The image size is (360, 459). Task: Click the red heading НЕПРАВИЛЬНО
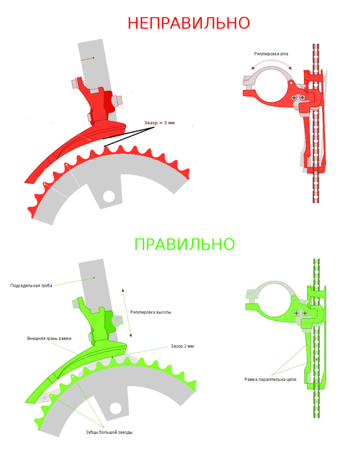click(189, 23)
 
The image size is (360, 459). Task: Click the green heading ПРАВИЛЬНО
click(184, 244)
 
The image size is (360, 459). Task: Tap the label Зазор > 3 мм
click(159, 123)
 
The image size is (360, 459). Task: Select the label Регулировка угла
click(271, 54)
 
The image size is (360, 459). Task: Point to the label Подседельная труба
click(31, 286)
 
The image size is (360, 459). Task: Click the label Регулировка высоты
click(150, 312)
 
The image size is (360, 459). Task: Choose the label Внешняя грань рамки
click(49, 339)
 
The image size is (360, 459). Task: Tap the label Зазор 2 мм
click(182, 346)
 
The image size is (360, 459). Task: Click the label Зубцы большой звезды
click(109, 433)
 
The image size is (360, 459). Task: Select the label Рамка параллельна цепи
click(270, 380)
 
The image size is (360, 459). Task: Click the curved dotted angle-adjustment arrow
click(271, 61)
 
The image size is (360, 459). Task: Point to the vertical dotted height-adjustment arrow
click(127, 313)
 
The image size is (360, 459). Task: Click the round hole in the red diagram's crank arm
click(109, 196)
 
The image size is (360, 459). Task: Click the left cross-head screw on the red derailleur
click(294, 97)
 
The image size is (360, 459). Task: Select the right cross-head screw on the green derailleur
click(305, 313)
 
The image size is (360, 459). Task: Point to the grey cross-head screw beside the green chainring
click(45, 398)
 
